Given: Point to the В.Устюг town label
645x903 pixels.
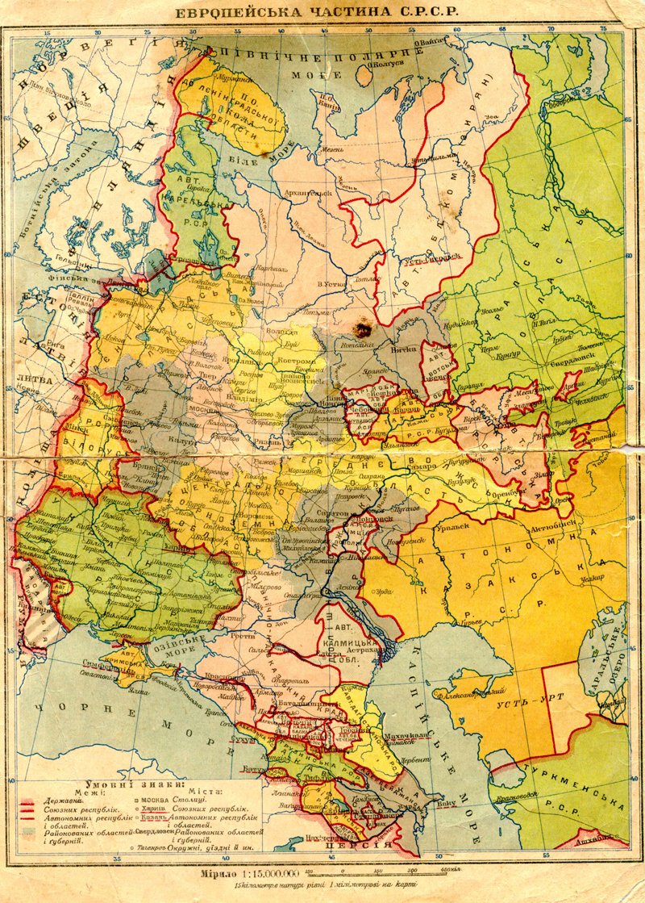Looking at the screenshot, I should click(332, 283).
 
